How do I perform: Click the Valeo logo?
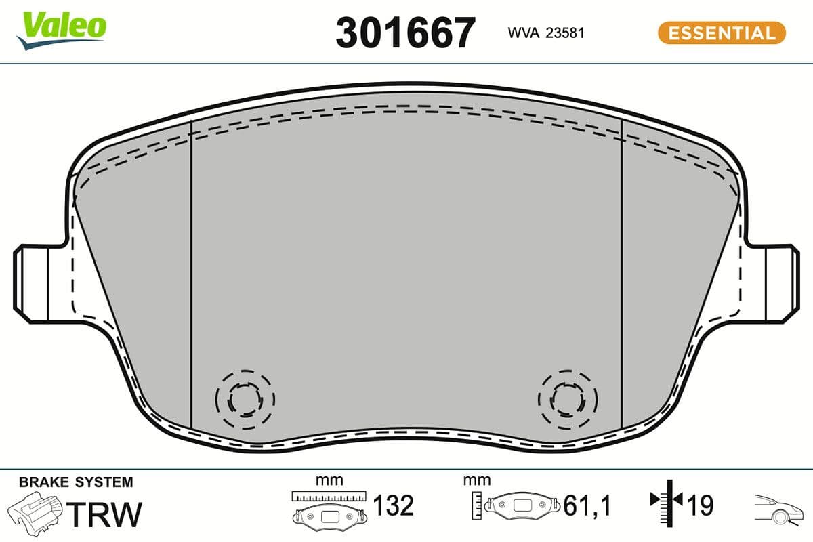pos(62,29)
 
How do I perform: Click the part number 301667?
pos(406,32)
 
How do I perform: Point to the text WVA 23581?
pos(546,33)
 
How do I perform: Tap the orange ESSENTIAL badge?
pos(722,33)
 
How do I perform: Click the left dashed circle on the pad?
pos(245,400)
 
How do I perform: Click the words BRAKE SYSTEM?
pos(76,482)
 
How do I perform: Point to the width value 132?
pos(393,505)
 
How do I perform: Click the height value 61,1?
pos(587,505)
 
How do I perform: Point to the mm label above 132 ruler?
pos(329,480)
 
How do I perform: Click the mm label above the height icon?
pos(476,480)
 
